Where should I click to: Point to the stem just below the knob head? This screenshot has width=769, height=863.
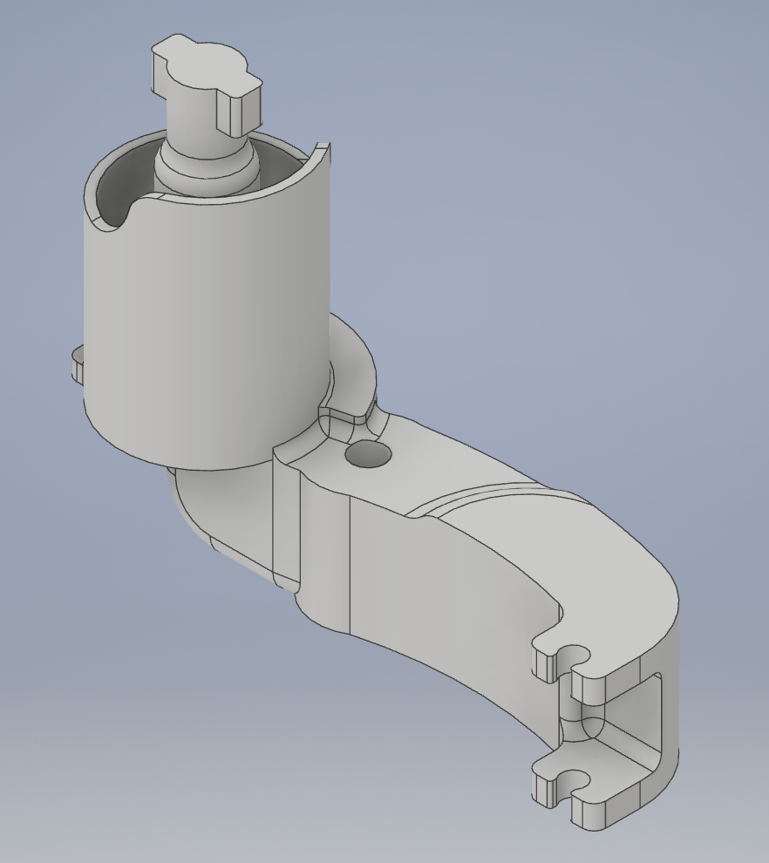(x=195, y=126)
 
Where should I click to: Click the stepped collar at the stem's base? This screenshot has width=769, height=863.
(x=206, y=170)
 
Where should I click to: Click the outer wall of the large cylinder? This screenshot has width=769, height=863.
(x=201, y=331)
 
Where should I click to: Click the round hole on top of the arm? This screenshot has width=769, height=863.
(x=368, y=453)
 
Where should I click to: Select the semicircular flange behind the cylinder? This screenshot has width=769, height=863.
(x=353, y=357)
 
